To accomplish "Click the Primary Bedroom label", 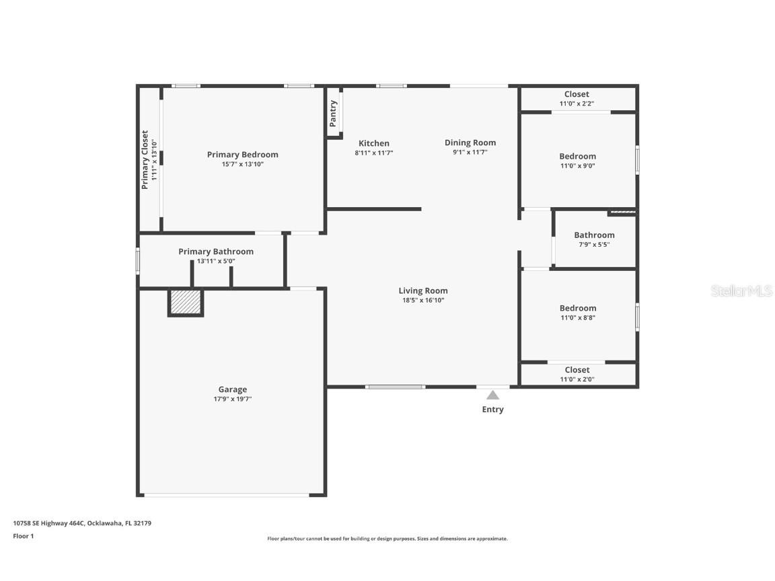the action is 243,155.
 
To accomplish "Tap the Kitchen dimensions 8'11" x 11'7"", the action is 374,153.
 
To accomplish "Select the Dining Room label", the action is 470,143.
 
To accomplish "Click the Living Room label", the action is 423,291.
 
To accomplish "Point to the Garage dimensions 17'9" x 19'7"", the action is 233,399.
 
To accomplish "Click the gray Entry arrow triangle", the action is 492,395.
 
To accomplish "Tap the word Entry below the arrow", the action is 492,410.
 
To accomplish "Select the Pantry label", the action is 333,113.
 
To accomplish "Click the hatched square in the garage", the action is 186,302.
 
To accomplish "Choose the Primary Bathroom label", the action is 216,251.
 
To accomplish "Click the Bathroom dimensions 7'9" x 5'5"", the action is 595,245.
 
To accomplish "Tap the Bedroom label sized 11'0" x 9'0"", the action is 578,157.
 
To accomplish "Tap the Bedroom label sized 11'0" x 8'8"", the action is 578,308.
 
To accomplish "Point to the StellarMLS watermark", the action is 741,291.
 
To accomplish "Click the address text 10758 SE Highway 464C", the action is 49,523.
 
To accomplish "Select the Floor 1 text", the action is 24,536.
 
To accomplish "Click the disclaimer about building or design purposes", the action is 387,539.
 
